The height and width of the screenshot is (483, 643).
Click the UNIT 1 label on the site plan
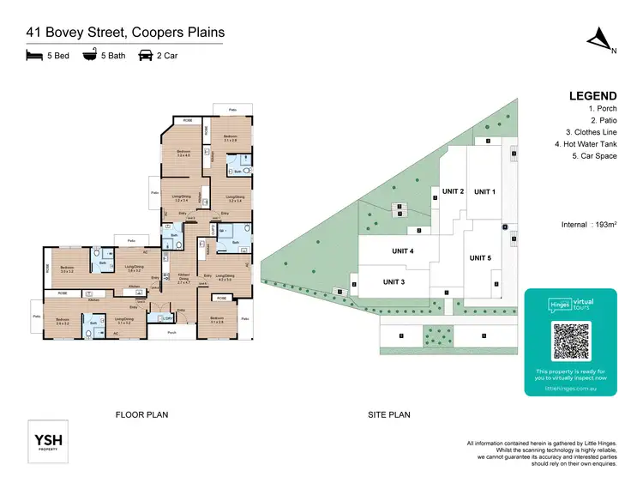(x=484, y=191)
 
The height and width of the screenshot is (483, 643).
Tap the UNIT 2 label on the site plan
(x=453, y=191)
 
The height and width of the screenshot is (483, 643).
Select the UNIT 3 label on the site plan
(x=394, y=281)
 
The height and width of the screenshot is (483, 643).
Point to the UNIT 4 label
(x=399, y=251)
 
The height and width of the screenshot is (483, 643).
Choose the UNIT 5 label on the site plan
(x=480, y=257)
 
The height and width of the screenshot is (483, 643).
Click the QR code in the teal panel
(x=570, y=341)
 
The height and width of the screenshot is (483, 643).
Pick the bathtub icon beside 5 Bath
(x=89, y=56)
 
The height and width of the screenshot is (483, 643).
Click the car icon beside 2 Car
(x=146, y=56)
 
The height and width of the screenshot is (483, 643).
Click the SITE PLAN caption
(x=389, y=415)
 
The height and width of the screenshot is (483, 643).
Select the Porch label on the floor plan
(x=171, y=332)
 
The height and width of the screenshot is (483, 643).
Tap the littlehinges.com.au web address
(x=570, y=388)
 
